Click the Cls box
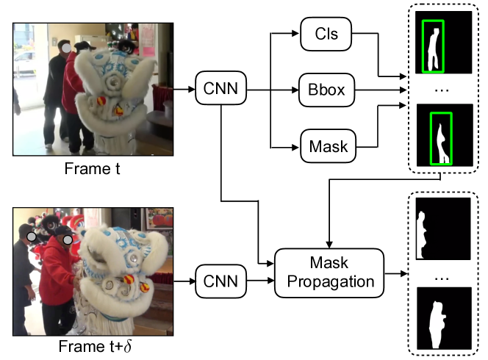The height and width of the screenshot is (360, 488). [326, 34]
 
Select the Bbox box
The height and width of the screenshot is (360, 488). [326, 90]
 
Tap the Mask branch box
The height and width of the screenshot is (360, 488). [328, 146]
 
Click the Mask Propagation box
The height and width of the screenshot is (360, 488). [329, 273]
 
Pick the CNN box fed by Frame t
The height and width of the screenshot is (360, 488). [220, 88]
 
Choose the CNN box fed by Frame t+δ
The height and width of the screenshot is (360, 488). [220, 281]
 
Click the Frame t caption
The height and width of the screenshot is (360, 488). [92, 169]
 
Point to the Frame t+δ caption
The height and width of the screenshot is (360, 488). [95, 346]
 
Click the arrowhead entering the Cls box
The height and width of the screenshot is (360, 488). [295, 33]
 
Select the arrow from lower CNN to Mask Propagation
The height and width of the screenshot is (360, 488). [260, 281]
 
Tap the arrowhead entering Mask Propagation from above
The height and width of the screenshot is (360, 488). [329, 245]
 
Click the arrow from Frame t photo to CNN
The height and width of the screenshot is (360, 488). [184, 90]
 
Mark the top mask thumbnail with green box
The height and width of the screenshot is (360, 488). [443, 43]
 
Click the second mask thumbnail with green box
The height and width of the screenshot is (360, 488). [445, 135]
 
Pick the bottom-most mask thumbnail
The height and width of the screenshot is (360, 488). [444, 318]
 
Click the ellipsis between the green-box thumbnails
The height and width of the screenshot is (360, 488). [442, 90]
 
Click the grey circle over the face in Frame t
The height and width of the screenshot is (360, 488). [66, 48]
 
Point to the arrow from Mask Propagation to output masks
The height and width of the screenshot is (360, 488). [396, 273]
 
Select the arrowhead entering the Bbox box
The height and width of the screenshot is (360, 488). [295, 90]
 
